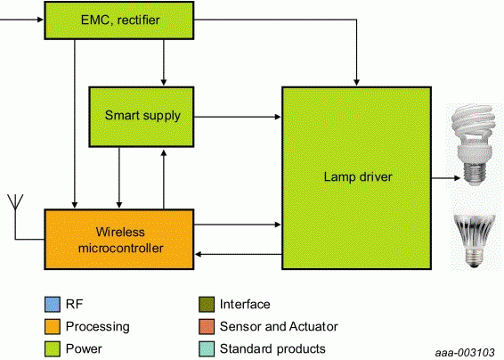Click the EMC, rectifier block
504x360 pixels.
tap(119, 20)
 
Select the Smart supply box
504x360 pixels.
tap(142, 117)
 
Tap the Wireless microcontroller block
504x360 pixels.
tap(119, 240)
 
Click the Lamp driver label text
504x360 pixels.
tap(358, 177)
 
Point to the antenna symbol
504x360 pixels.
tap(15, 202)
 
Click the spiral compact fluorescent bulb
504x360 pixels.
tap(473, 144)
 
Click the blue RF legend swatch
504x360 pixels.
tap(53, 305)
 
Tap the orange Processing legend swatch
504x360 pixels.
tap(53, 327)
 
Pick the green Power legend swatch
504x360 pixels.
tap(53, 349)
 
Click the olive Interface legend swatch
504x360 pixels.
tap(207, 305)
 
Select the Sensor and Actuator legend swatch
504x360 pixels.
tap(207, 327)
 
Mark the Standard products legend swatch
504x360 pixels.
tap(207, 349)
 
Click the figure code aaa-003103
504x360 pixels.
tap(465, 353)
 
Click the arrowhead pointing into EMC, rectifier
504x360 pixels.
tap(40, 20)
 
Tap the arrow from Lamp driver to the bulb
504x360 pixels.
tap(446, 177)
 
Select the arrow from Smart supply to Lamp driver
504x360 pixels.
tap(238, 117)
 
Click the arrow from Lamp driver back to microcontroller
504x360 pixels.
tap(238, 254)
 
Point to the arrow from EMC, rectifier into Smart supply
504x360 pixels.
tap(164, 62)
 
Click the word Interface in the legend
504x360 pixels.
tap(245, 305)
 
